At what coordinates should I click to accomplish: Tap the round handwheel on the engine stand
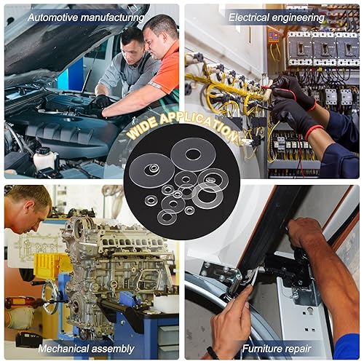pyautogui.click(x=50, y=296)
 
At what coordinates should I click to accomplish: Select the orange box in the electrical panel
pyautogui.click(x=274, y=36)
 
